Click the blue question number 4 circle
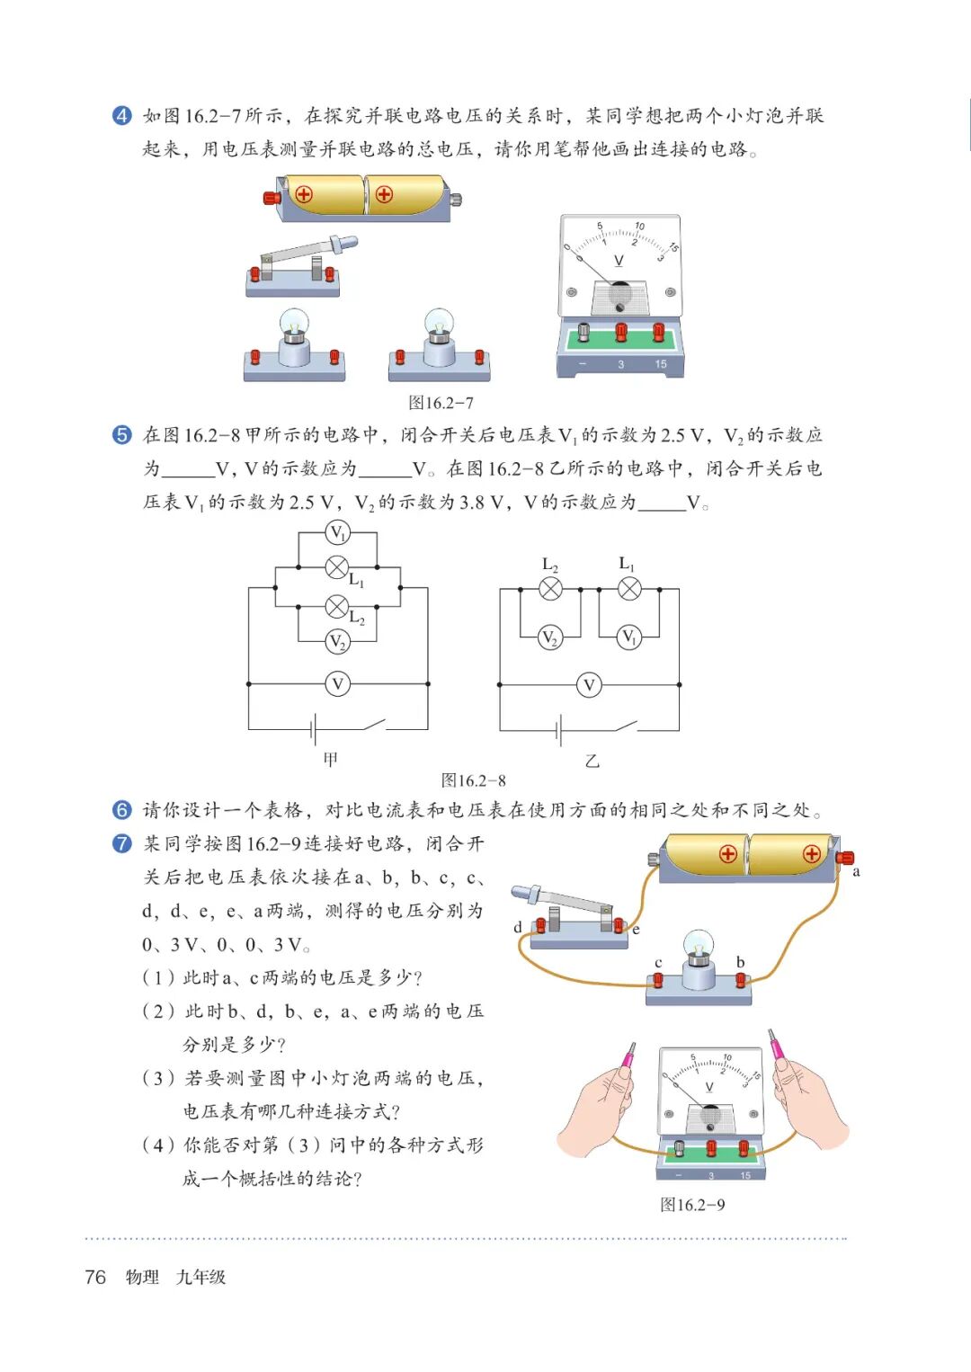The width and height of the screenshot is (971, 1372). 121,116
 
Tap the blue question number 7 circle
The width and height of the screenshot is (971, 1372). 121,843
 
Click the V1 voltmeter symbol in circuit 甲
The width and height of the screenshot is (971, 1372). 337,533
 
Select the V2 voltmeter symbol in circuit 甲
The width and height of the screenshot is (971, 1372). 337,641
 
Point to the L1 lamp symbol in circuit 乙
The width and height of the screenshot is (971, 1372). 629,589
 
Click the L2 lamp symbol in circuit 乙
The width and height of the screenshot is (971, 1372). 550,589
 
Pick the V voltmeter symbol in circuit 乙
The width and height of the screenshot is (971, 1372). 589,685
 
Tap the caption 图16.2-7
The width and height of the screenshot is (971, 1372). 441,403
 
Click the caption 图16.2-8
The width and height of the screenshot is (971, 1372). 473,780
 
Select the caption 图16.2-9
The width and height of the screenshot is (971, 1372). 692,1205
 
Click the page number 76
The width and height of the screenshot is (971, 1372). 95,1277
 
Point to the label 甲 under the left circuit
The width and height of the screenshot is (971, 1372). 331,760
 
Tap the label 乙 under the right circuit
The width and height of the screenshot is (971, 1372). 592,761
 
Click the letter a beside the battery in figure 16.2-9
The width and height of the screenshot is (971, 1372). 856,871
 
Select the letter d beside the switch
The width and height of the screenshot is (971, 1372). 518,927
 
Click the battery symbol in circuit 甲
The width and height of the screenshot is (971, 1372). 314,728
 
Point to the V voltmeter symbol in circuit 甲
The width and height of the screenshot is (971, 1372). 337,684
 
